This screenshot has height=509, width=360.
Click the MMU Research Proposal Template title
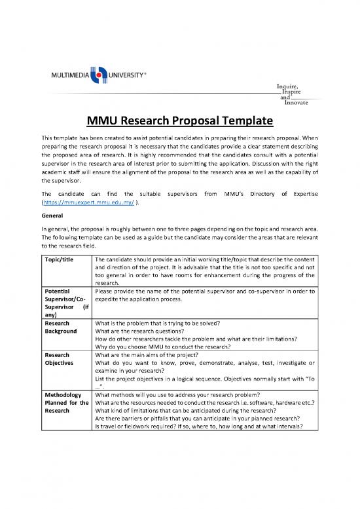pos(180,122)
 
